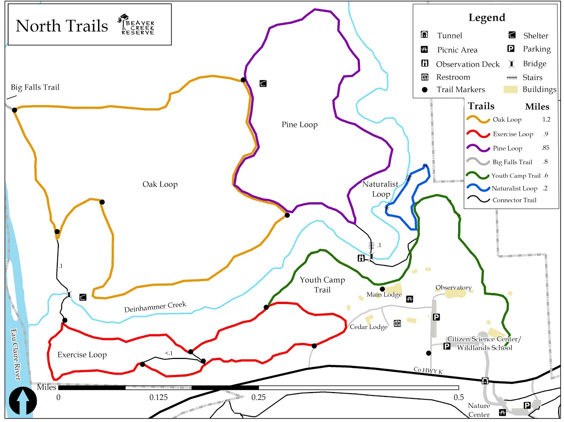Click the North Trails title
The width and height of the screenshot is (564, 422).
[x=62, y=26]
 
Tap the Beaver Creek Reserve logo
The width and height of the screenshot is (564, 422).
[x=136, y=25]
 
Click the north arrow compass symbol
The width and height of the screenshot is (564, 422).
[x=23, y=401]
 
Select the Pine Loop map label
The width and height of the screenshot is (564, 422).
[x=300, y=125]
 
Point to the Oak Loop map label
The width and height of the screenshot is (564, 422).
[x=160, y=184]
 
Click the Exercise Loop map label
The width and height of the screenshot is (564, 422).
[x=82, y=355]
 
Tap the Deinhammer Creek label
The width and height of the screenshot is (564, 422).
[x=155, y=307]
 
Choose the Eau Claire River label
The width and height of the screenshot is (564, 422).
[x=16, y=354]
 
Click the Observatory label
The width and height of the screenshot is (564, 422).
[x=453, y=287]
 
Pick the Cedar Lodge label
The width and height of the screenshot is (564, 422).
[x=368, y=327]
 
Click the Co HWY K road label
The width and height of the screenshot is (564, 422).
[x=428, y=370]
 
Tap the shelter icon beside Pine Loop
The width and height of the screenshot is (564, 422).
[x=263, y=83]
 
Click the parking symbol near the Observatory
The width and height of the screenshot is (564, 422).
[x=436, y=317]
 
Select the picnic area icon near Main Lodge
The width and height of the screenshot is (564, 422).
[x=409, y=299]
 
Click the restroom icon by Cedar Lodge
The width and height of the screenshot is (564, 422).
[x=397, y=323]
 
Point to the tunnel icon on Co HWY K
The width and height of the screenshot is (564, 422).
[x=485, y=380]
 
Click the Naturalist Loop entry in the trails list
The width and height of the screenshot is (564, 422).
[x=514, y=188]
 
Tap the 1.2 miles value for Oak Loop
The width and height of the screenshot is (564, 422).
[x=546, y=119]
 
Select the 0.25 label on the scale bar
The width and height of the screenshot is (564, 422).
[x=258, y=397]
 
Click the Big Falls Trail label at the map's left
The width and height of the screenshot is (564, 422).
[x=35, y=87]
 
